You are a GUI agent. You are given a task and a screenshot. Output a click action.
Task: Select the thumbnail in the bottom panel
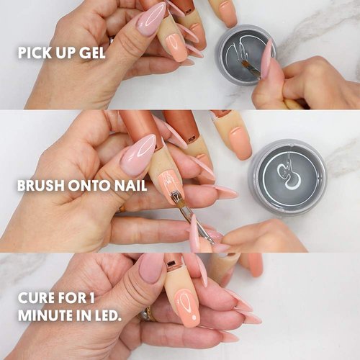pyautogui.click(x=151, y=268)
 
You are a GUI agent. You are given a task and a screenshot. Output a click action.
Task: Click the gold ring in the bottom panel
pyautogui.click(x=149, y=313)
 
